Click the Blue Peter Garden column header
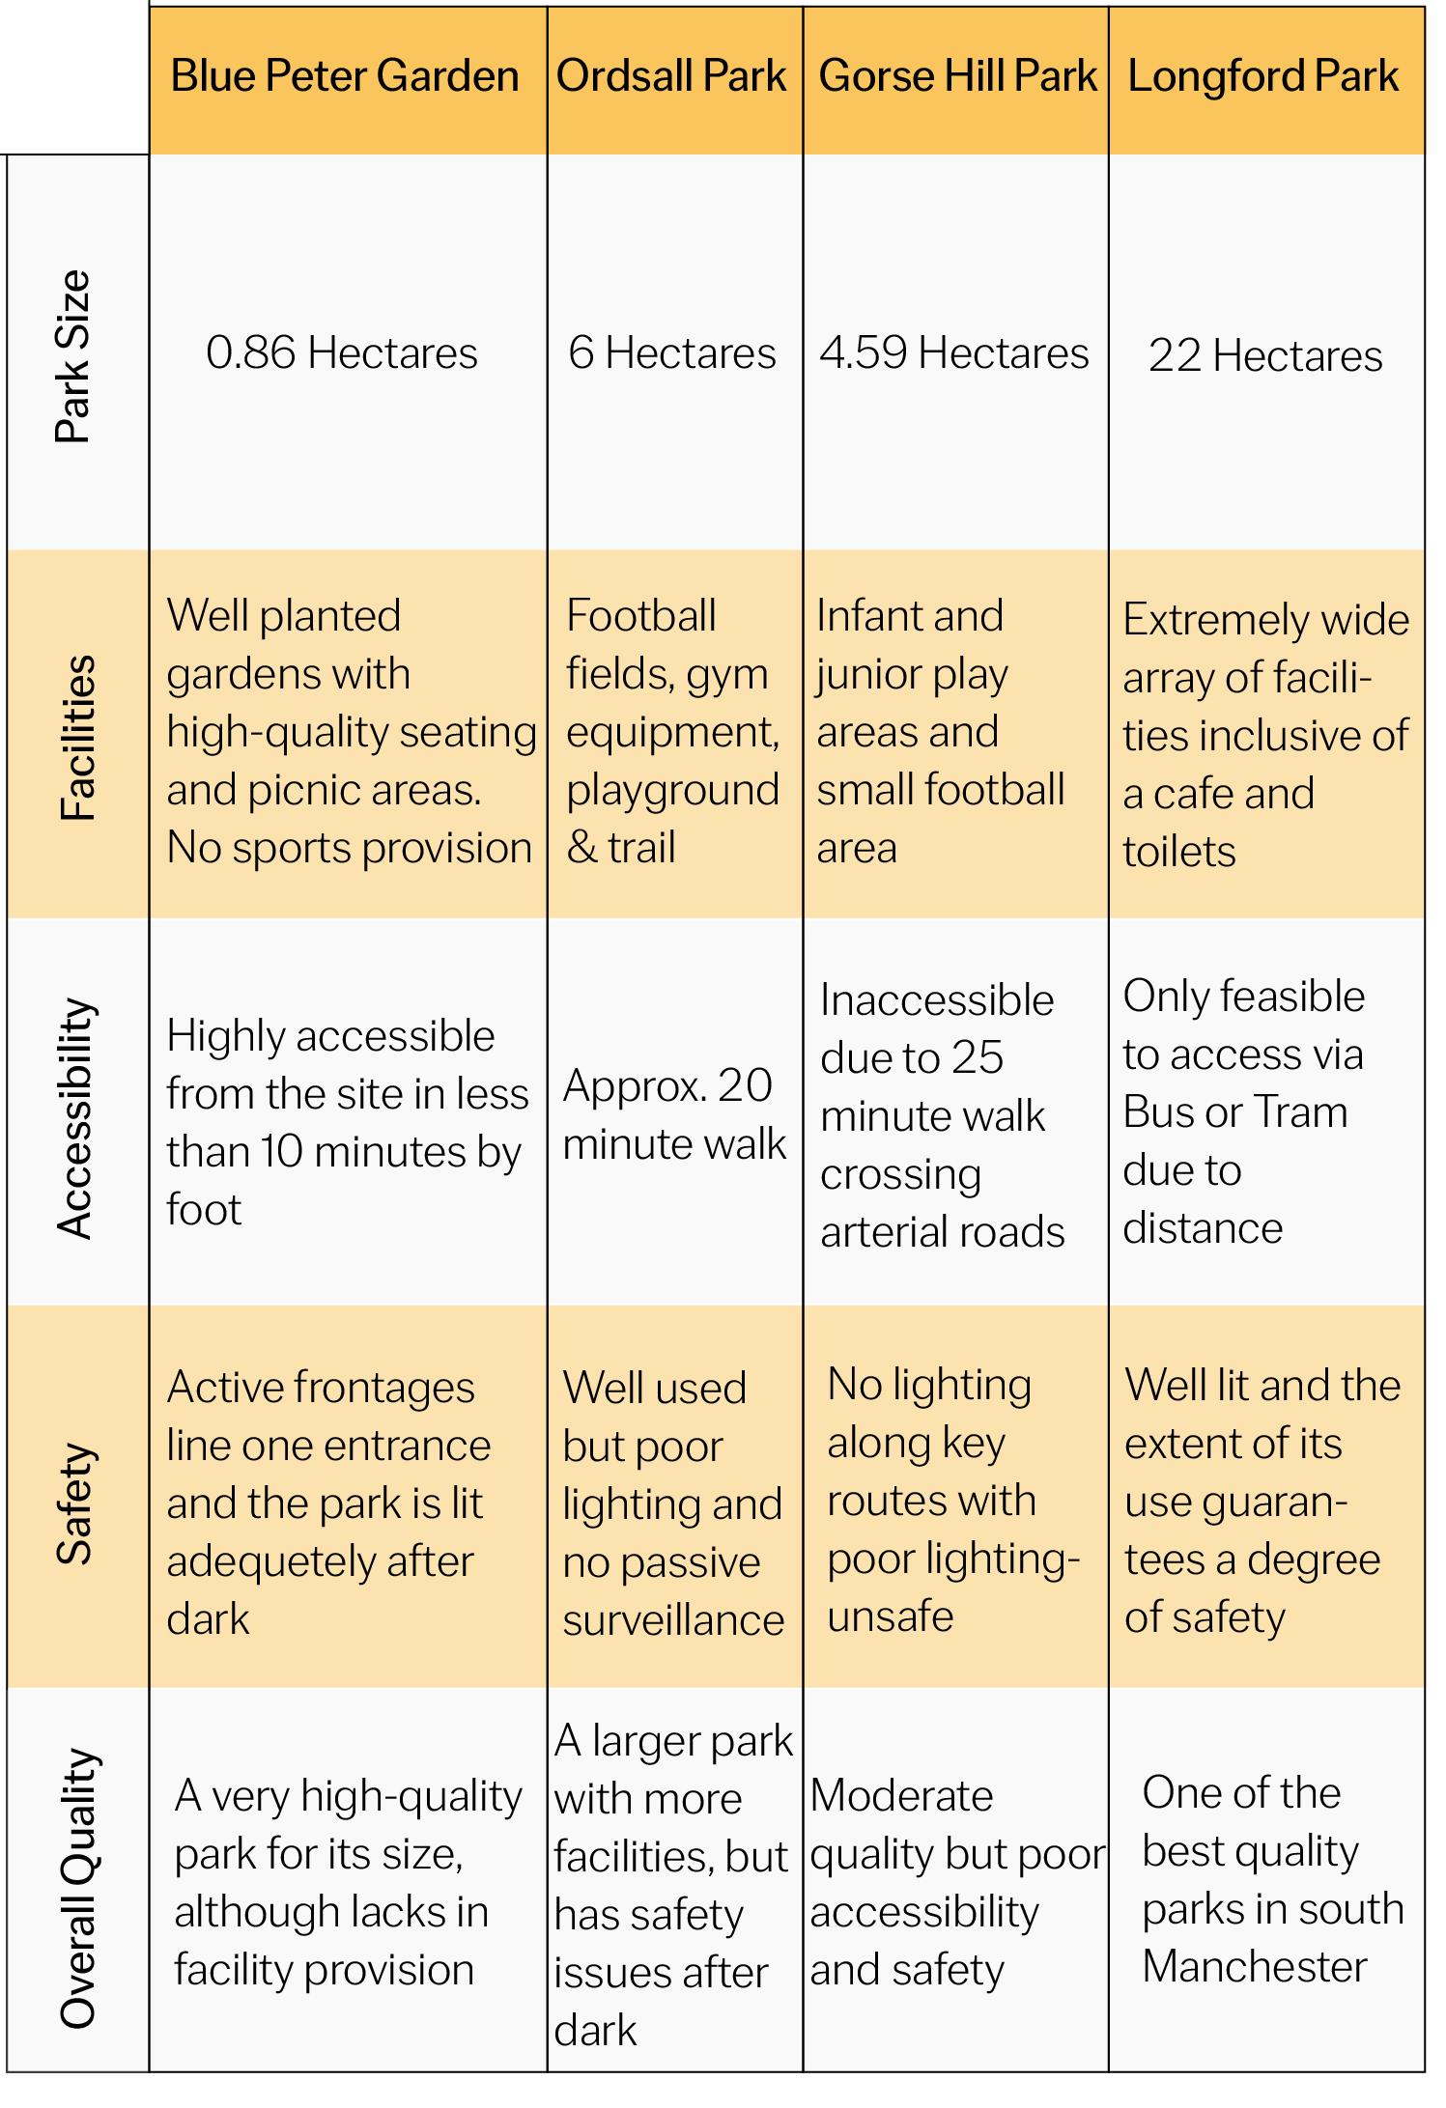(x=345, y=77)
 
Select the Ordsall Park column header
(x=671, y=77)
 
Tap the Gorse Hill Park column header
(x=957, y=77)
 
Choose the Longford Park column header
(x=1263, y=77)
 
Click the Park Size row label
(x=73, y=356)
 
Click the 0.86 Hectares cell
(x=342, y=353)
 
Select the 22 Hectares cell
(x=1265, y=356)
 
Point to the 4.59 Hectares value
(x=954, y=353)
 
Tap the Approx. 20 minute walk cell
(x=673, y=1115)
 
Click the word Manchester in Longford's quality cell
(x=1255, y=1967)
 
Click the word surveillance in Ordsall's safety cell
(x=673, y=1620)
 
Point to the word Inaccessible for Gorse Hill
(x=937, y=1000)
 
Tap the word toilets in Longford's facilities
(x=1179, y=852)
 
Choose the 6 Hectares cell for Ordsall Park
(x=672, y=353)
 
